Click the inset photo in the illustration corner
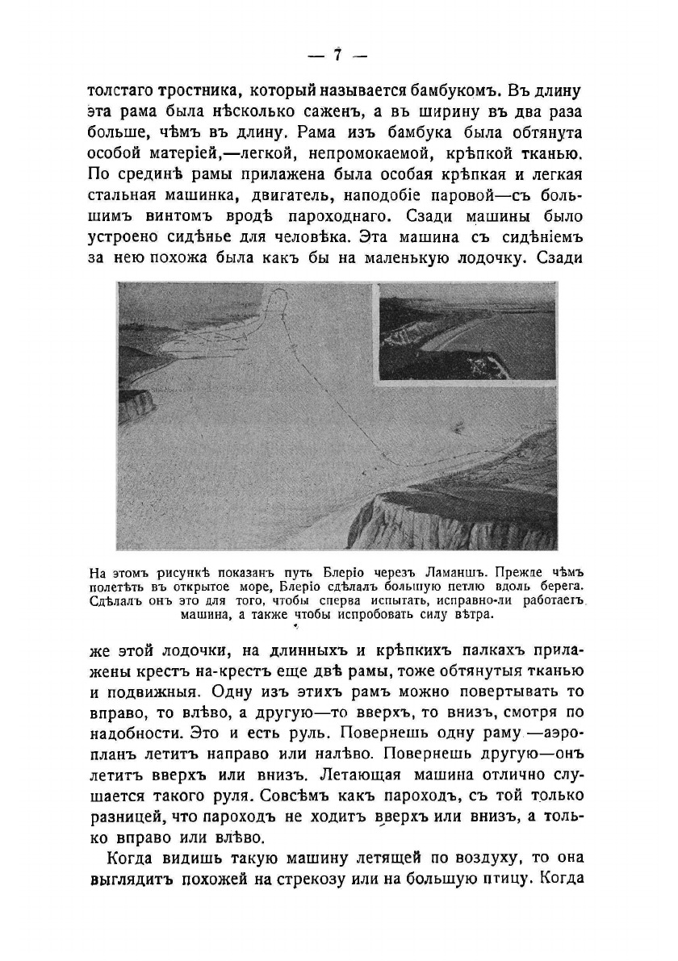[466, 330]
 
